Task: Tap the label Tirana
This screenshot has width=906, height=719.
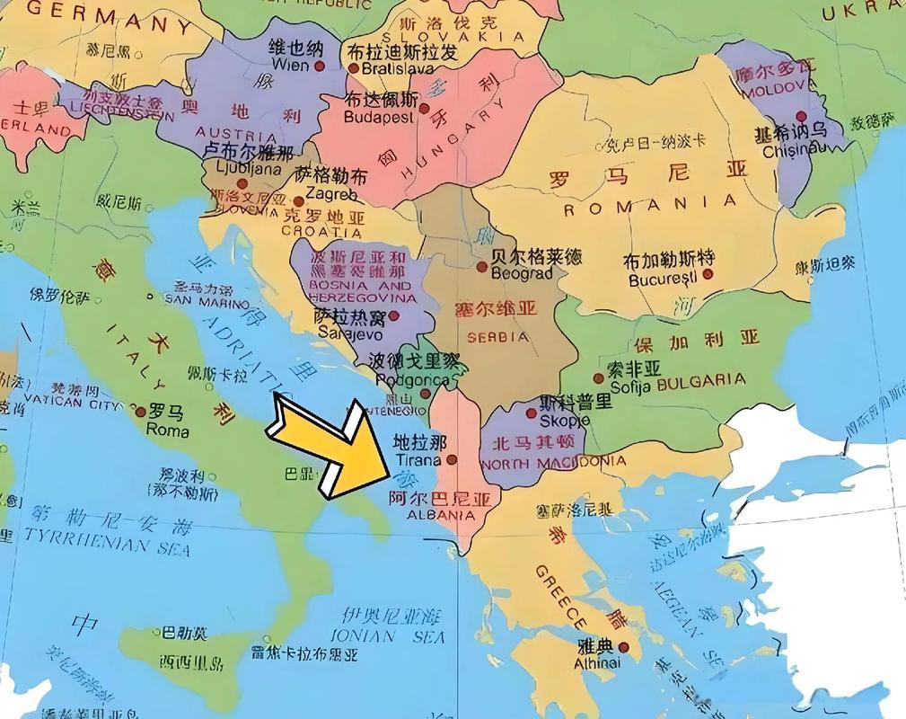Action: coord(418,460)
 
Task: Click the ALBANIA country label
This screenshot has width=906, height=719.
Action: coord(440,516)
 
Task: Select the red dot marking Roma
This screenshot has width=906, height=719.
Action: coord(140,412)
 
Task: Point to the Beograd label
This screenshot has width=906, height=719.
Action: coord(522,273)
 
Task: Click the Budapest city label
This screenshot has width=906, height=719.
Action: coord(379,117)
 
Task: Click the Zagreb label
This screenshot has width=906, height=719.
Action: coord(330,194)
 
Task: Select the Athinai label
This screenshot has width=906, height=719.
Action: coord(597,663)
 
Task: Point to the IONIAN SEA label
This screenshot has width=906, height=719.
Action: coord(388,636)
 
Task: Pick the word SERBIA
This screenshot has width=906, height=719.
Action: coord(498,337)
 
